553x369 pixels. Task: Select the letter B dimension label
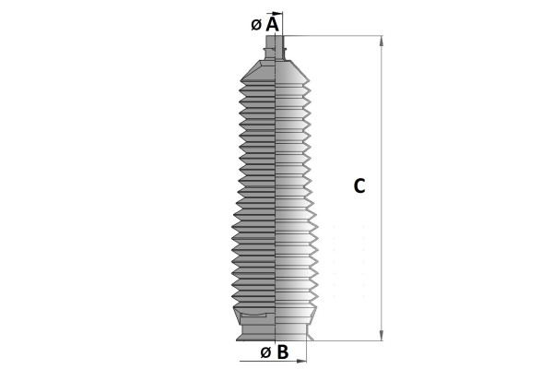[x=283, y=351]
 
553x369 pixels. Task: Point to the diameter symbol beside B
[x=265, y=352]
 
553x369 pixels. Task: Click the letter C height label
[x=359, y=185]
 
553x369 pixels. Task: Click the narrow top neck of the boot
[x=276, y=48]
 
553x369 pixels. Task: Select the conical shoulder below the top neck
[x=276, y=69]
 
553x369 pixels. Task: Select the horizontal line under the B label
[x=272, y=362]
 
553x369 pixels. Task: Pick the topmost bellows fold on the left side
[x=243, y=83]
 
